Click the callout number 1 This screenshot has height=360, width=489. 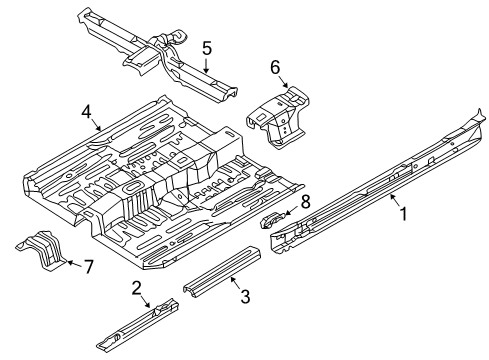click(404, 214)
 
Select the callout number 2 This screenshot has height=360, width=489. click(137, 288)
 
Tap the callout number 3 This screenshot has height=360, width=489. click(245, 296)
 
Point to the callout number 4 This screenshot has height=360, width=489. click(86, 112)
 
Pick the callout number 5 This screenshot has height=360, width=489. click(207, 49)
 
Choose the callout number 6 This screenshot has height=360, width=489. click(275, 68)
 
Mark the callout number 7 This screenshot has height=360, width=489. click(88, 267)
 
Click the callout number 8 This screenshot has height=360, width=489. click(305, 202)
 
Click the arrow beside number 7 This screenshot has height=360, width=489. click(74, 264)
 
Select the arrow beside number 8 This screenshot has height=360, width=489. click(291, 211)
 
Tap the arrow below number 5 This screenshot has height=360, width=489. click(207, 66)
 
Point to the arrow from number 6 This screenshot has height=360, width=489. click(283, 82)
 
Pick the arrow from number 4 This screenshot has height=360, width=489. click(95, 125)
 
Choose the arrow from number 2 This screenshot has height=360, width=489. click(145, 302)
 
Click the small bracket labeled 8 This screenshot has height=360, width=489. click(273, 220)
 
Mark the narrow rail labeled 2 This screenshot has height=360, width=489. click(137, 324)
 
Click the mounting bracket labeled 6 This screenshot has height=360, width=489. click(278, 117)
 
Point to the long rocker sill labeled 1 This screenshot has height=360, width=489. click(377, 182)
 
